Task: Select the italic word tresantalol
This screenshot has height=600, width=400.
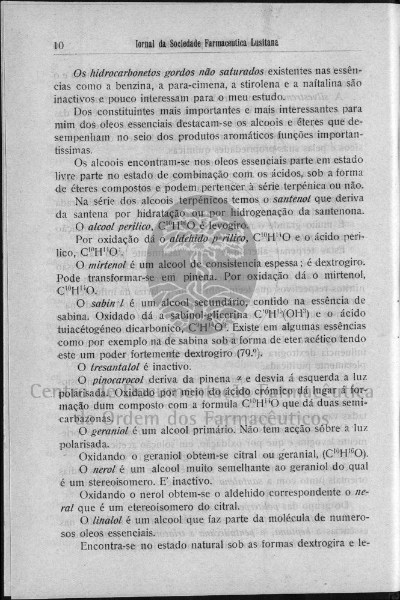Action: pyautogui.click(x=117, y=366)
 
